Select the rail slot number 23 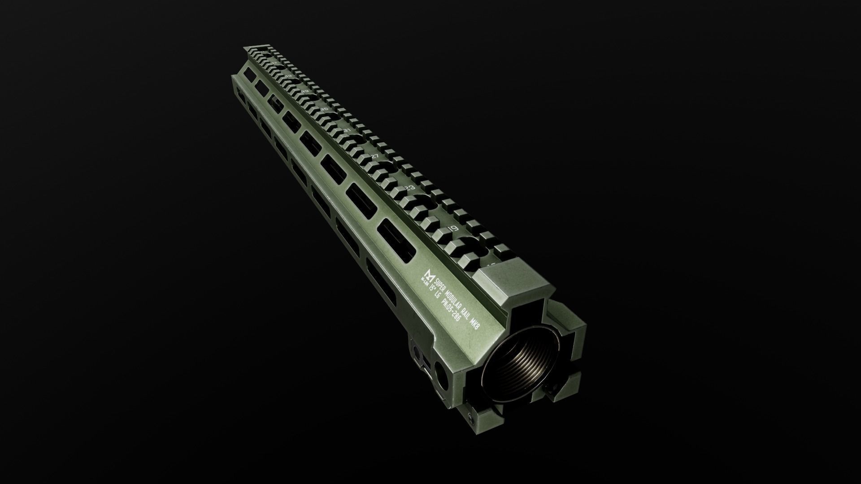point(409,188)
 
